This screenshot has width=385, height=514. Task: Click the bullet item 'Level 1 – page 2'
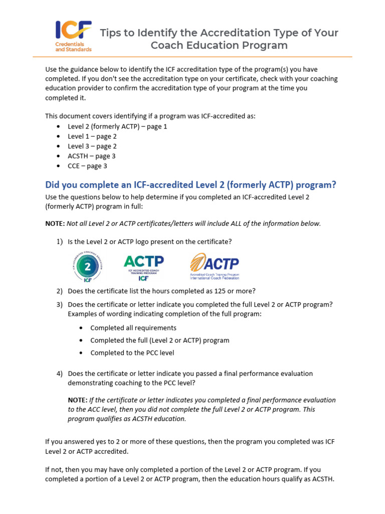pos(92,136)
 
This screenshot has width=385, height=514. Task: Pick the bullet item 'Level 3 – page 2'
pos(92,146)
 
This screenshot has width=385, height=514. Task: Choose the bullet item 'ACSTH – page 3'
pos(92,156)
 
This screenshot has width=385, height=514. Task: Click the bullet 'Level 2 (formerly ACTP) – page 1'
pos(117,126)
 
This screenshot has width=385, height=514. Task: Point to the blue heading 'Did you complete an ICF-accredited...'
pos(190,185)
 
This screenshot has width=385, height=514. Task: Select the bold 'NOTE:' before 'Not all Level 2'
pos(55,223)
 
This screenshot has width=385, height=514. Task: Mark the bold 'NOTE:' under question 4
pos(78,400)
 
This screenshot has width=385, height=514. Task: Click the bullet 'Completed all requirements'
pos(133,328)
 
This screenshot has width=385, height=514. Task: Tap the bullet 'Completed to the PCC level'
pos(132,353)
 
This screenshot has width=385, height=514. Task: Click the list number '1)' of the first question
pos(59,242)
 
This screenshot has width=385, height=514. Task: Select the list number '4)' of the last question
pos(59,373)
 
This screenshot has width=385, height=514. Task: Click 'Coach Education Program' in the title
pos(219,46)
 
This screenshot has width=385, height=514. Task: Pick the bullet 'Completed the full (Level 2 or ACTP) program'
pos(159,340)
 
